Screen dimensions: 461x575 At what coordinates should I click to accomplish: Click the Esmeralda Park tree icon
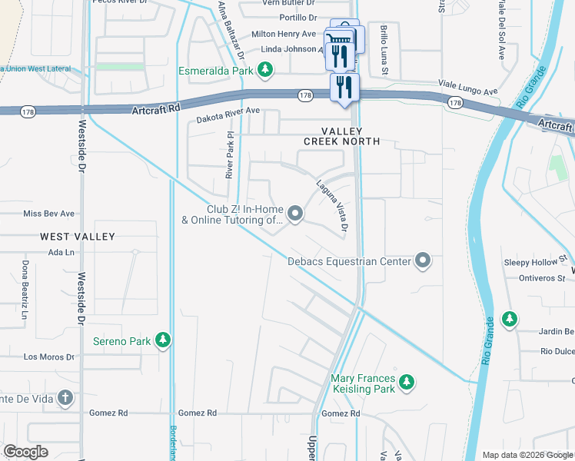coord(265,71)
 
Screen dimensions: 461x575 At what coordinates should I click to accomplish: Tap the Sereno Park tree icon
coord(162,340)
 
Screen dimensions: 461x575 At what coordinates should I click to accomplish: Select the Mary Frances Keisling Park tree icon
coord(407,382)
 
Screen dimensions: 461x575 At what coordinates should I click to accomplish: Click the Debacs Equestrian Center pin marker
coord(422,261)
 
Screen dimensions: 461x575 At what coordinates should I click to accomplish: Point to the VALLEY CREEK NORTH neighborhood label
coord(342,137)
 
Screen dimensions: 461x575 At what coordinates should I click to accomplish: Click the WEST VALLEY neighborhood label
coord(79,237)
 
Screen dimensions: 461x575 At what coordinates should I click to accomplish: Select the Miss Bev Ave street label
coord(49,214)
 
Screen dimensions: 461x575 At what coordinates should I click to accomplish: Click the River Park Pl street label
coord(229,156)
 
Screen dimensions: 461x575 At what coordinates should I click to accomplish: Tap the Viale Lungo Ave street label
coord(468,87)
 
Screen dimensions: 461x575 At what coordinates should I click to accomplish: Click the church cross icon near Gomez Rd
coord(66,398)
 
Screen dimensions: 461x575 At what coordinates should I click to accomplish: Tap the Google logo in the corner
coord(25,452)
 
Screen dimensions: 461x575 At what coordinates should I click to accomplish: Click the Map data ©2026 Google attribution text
coord(527,455)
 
